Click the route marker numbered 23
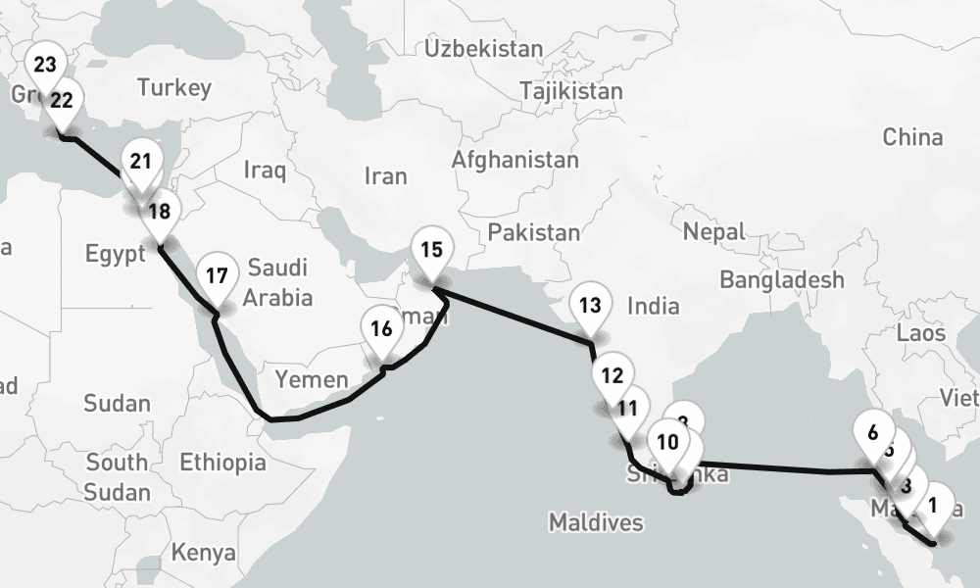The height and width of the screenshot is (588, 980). pos(45,66)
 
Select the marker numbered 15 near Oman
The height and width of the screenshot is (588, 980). pos(431,249)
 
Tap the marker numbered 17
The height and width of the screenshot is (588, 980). pos(217,275)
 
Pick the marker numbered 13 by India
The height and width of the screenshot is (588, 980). pos(590,305)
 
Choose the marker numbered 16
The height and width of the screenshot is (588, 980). pos(382,328)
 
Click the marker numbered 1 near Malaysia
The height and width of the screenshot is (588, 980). pos(932,507)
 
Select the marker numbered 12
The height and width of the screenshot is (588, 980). pos(612,375)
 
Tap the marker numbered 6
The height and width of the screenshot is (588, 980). pos(874,429)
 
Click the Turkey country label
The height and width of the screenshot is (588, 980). pos(174,88)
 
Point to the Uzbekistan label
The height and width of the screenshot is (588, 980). pos(484,48)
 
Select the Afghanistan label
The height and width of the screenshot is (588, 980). pos(514,159)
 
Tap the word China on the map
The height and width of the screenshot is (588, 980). pos(912,137)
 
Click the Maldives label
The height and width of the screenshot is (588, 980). pos(596,522)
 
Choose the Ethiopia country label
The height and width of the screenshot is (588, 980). pos(222,462)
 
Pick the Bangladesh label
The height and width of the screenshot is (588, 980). pos(781,280)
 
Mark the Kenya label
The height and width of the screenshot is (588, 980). pos(204,553)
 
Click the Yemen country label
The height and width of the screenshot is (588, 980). pos(311,380)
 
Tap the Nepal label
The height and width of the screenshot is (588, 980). pos(714,232)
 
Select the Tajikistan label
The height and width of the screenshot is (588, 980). pos(571,91)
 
